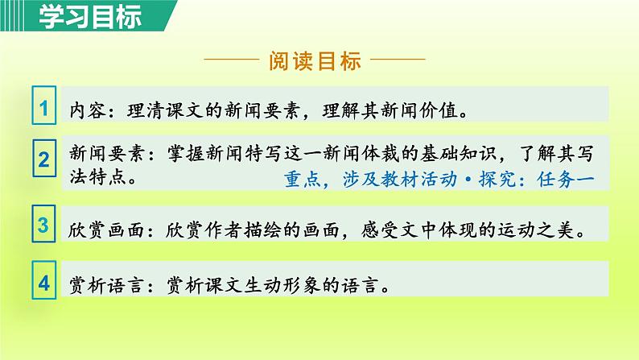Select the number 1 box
[45, 107]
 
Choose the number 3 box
[45, 225]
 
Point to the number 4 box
[45, 283]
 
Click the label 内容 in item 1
[85, 110]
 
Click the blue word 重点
[301, 180]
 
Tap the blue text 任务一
[567, 180]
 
